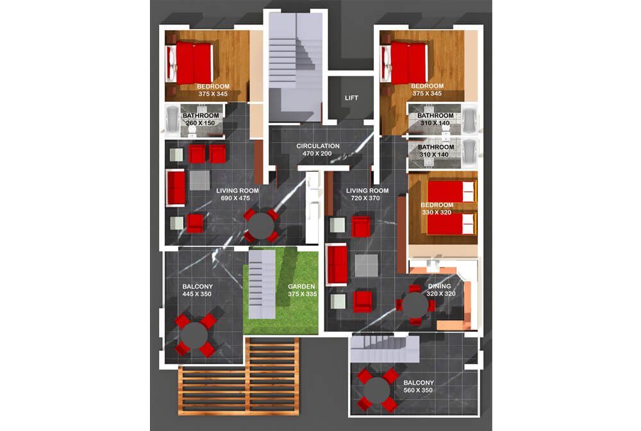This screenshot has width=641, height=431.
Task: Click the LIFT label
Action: [x=351, y=97]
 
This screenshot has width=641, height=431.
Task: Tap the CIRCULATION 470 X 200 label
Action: [x=318, y=149]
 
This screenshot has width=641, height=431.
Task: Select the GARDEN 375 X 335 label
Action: [x=302, y=291]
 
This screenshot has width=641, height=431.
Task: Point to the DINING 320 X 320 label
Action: [x=440, y=290]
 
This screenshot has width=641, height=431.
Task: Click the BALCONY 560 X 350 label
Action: [x=418, y=387]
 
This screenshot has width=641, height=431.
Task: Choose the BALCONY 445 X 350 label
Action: [x=197, y=291]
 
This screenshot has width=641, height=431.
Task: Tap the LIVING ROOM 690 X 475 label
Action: [x=237, y=194]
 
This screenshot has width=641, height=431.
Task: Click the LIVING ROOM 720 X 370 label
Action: [x=367, y=194]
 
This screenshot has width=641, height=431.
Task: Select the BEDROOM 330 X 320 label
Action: [x=437, y=208]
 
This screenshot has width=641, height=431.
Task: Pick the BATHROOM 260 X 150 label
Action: [x=201, y=119]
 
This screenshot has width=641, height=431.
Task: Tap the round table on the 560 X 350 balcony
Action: [x=376, y=391]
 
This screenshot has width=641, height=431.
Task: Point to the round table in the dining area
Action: [x=415, y=305]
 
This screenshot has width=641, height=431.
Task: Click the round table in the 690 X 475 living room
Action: [x=262, y=226]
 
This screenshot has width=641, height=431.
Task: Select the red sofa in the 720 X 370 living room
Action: [x=337, y=264]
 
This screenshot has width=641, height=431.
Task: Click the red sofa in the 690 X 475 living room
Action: [x=176, y=188]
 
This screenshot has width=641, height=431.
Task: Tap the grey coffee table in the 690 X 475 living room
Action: [x=199, y=180]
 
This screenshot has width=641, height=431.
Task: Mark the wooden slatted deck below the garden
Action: [x=239, y=376]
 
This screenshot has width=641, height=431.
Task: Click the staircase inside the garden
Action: [x=262, y=283]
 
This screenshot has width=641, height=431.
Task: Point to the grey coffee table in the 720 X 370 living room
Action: [x=367, y=266]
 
